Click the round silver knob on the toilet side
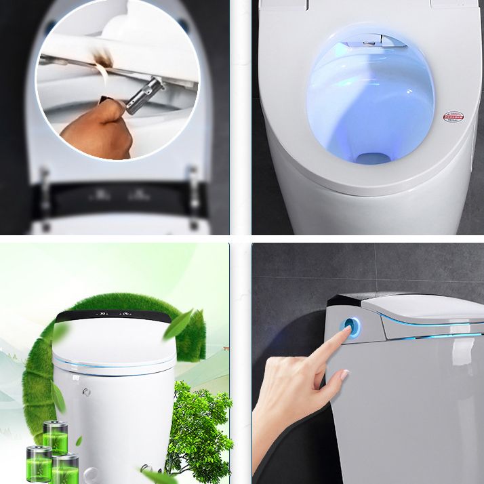87,392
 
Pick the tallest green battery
55,439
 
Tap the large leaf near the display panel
178,323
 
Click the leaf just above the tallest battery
58,399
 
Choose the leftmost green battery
39,464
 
